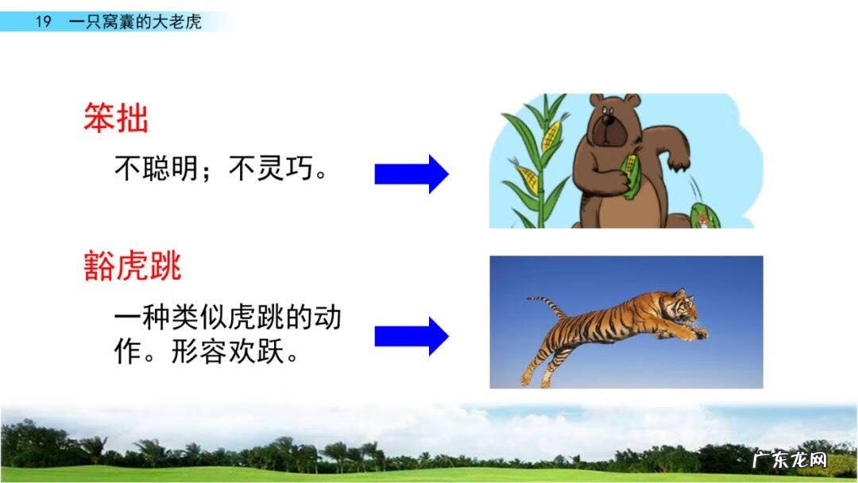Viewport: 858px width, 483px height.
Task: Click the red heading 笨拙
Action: (x=116, y=119)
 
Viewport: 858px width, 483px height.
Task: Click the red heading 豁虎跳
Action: (x=133, y=267)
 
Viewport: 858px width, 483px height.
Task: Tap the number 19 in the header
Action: (x=43, y=21)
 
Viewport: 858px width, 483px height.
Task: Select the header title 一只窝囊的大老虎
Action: (x=135, y=21)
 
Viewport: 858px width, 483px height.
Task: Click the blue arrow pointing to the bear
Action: (x=412, y=174)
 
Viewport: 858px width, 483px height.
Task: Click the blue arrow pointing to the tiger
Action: (x=412, y=336)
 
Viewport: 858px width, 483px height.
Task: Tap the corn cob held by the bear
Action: (x=629, y=176)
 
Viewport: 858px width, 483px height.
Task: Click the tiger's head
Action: (x=682, y=306)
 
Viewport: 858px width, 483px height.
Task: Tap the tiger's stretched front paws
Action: (x=694, y=332)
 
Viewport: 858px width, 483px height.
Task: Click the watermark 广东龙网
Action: (x=789, y=460)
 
